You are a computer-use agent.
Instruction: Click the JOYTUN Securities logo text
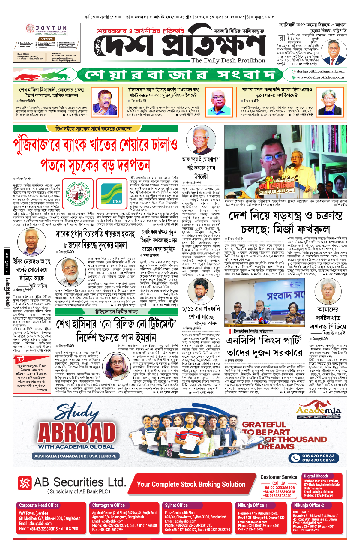[51, 28]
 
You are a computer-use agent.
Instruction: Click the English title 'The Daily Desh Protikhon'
[228, 60]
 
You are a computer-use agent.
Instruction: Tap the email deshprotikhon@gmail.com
[320, 71]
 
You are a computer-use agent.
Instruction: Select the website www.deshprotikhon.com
[320, 77]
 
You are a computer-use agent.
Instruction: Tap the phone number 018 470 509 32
[318, 456]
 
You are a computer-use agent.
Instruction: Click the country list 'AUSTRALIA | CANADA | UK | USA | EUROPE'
[75, 456]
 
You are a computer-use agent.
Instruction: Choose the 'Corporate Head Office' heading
[39, 505]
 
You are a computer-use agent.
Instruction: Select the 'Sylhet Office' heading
[176, 505]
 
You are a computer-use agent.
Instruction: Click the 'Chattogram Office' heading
[108, 505]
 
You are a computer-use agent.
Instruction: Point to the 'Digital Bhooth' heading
[316, 476]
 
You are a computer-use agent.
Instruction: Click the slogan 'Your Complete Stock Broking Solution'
[191, 484]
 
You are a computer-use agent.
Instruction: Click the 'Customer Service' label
[279, 477]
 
